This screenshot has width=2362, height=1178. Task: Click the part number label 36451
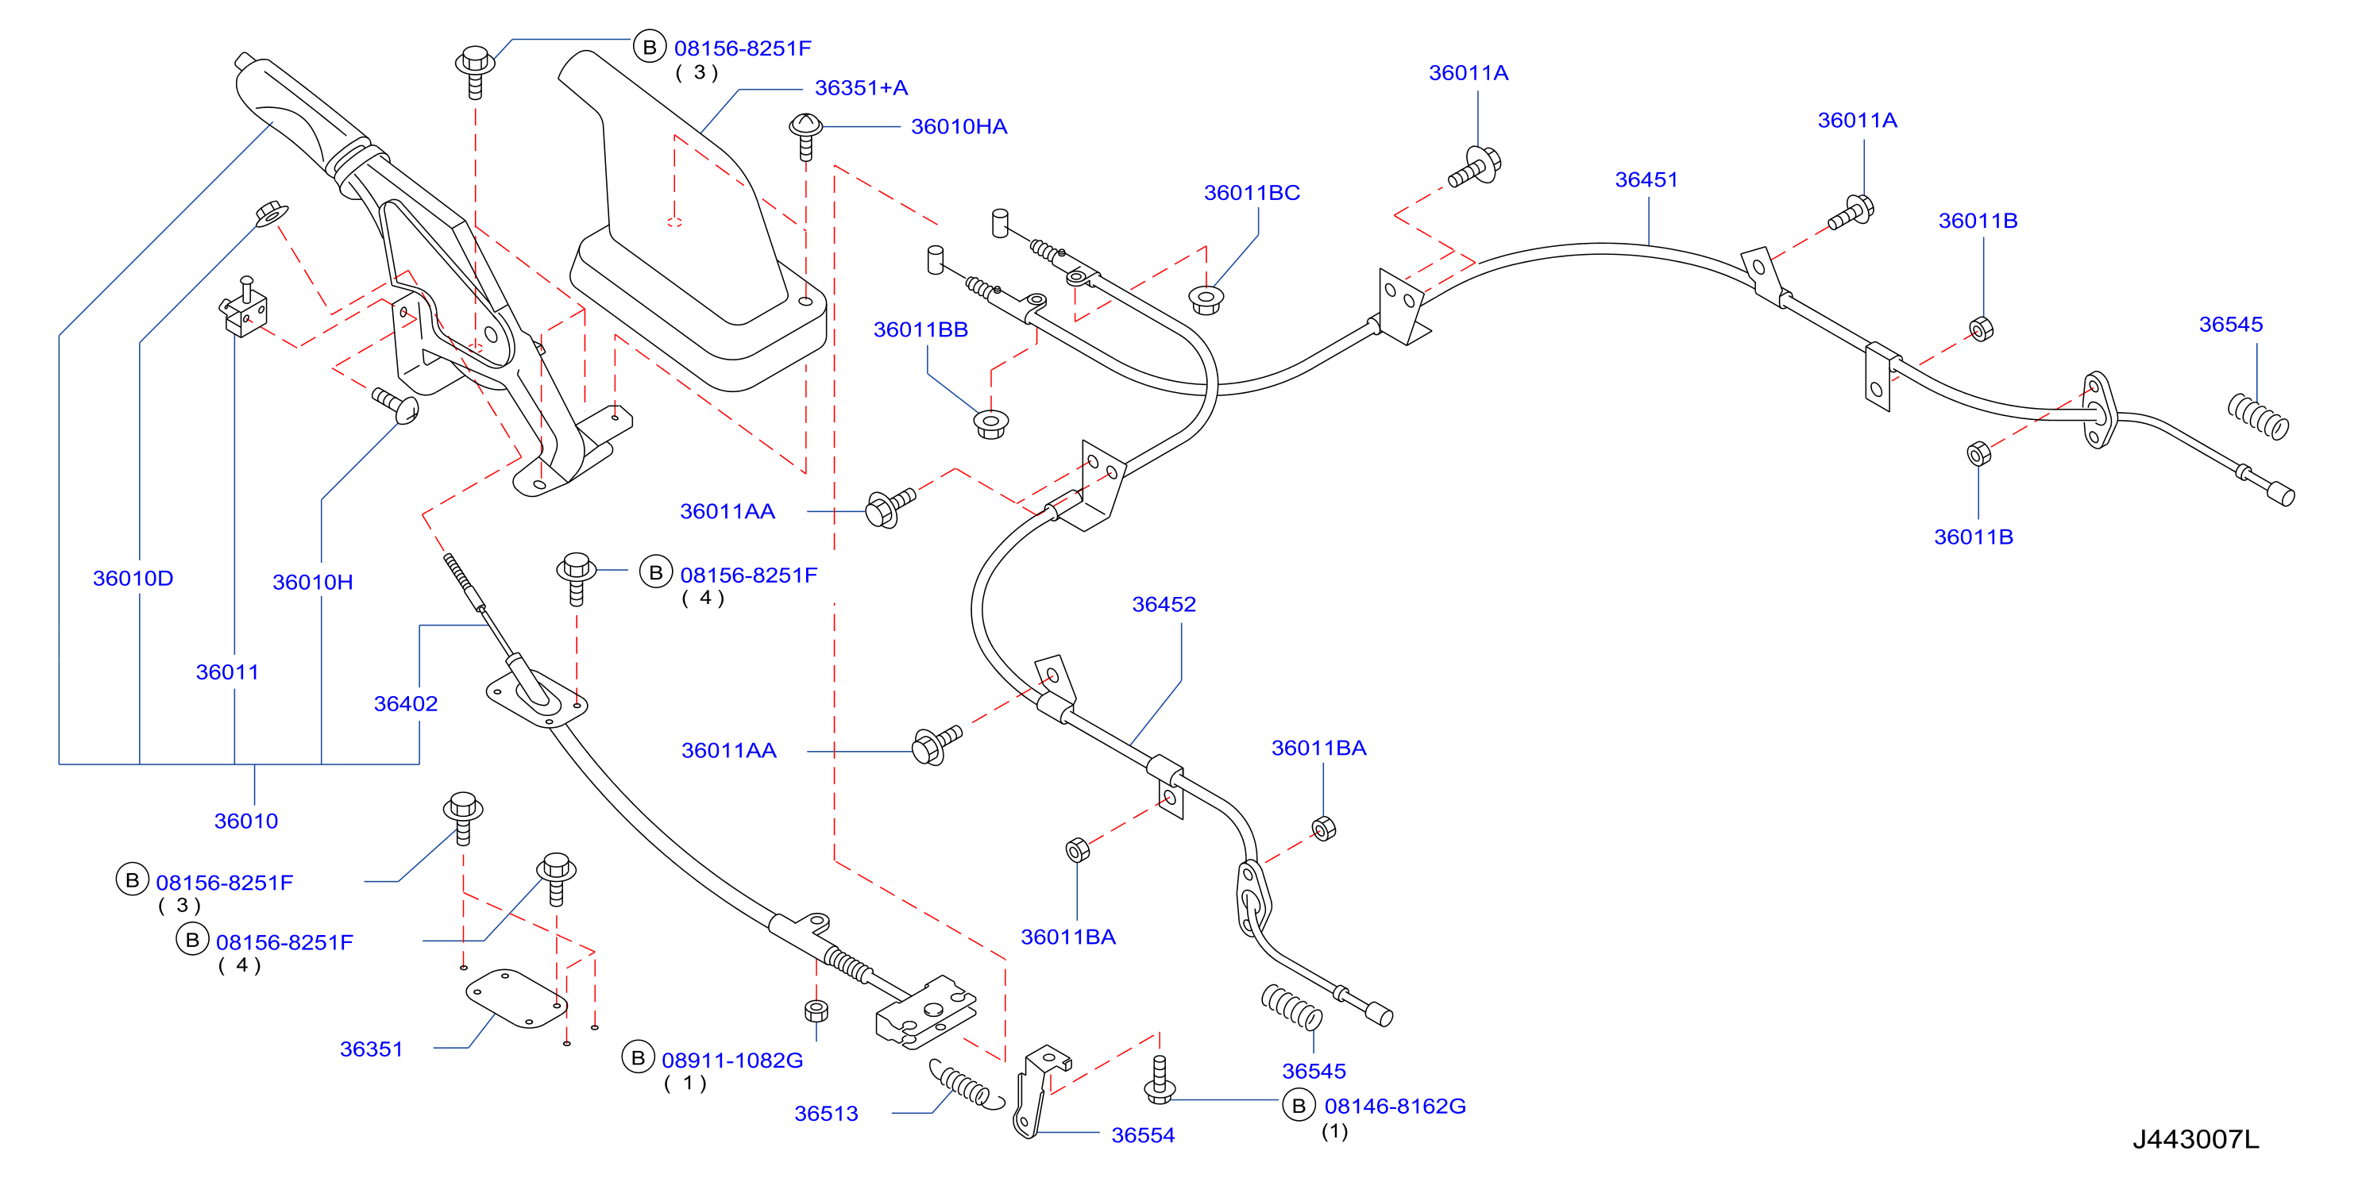point(1646,179)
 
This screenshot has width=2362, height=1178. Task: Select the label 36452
point(1164,604)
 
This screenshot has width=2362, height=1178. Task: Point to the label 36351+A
point(861,88)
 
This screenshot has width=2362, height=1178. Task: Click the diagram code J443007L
point(2195,1139)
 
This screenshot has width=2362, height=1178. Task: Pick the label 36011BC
point(1252,193)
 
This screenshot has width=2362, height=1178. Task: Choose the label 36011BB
point(920,329)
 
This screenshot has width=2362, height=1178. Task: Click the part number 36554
point(1143,1135)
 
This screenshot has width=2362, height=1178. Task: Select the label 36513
point(826,1113)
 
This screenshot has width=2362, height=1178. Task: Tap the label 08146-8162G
point(1395,1107)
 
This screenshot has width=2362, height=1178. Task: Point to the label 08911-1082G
point(731,1061)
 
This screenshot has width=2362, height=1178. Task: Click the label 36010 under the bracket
point(245,821)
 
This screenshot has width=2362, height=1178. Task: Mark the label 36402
point(405,703)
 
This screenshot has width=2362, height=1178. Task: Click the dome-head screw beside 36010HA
point(805,135)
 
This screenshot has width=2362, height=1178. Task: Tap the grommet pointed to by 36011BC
point(1206,300)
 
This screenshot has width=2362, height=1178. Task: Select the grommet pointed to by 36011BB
point(990,425)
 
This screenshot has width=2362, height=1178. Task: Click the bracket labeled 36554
point(1039,1091)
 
